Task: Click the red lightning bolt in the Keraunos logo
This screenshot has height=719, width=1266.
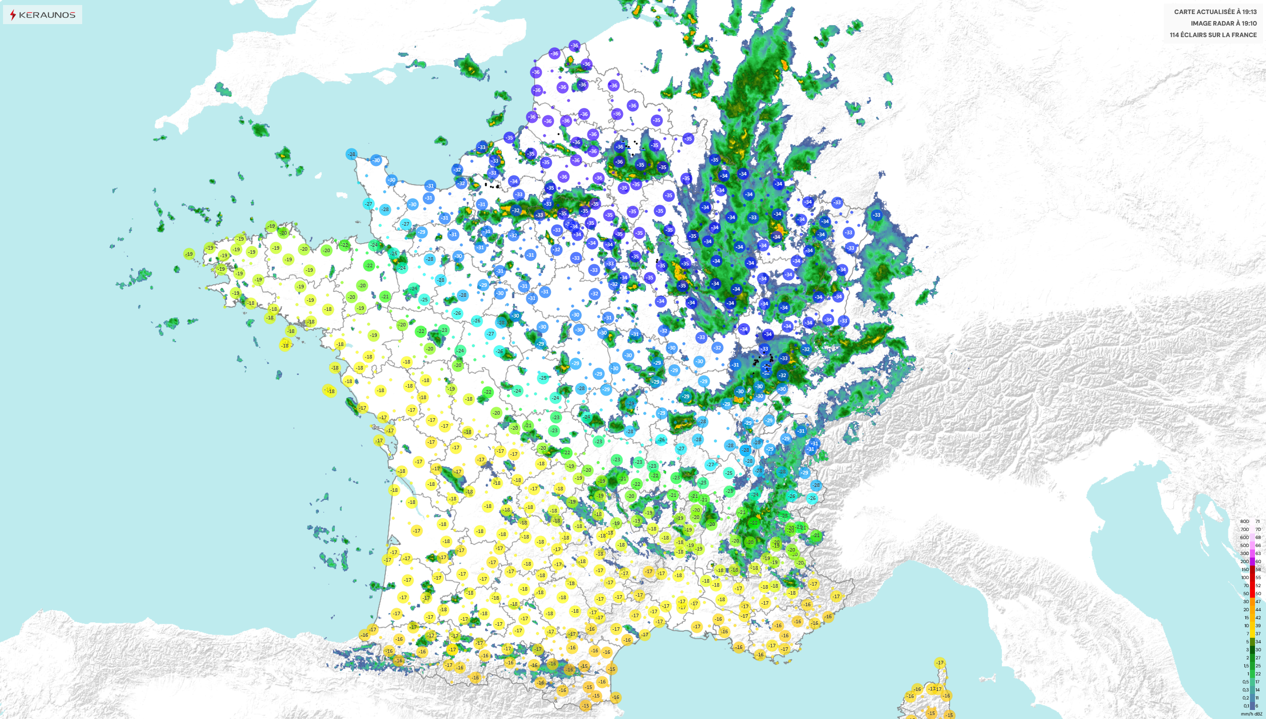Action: pos(13,15)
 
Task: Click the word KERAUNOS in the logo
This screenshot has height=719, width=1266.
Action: pos(47,15)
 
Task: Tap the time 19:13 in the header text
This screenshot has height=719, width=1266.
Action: pos(1249,12)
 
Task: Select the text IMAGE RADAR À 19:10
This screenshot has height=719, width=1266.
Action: pos(1223,23)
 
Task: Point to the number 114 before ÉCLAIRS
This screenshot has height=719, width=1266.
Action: pos(1175,35)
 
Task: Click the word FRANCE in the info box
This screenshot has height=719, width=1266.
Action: pos(1244,35)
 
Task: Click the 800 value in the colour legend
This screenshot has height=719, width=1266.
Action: pos(1244,521)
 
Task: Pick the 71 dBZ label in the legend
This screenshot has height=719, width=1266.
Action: pos(1257,521)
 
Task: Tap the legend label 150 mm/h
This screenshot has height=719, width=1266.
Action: pos(1245,570)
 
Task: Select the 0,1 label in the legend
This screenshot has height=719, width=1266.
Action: pos(1246,706)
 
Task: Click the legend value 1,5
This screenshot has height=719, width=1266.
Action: pos(1246,666)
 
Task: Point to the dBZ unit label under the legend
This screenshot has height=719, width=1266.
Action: pos(1258,713)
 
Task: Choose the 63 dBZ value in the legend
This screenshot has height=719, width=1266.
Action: pos(1258,554)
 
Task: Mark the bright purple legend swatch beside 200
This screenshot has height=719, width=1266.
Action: pos(1252,562)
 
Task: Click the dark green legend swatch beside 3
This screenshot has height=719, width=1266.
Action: pos(1252,650)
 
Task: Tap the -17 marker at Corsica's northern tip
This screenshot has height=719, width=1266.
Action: pos(940,662)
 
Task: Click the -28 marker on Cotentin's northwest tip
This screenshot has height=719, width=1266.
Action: pos(352,154)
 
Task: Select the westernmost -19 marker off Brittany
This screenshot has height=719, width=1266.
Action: pos(189,254)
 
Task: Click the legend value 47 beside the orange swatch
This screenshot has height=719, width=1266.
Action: pos(1258,602)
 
